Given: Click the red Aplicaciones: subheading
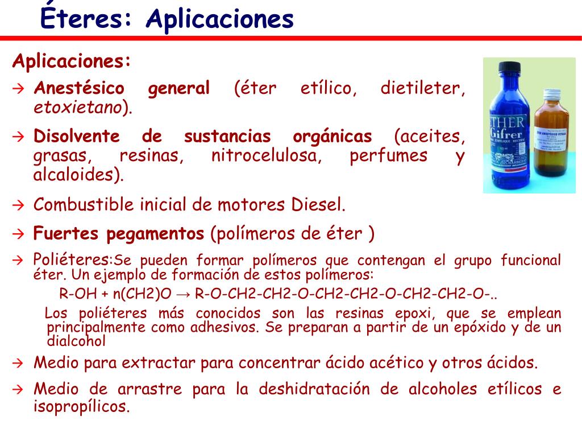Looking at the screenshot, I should [x=72, y=61].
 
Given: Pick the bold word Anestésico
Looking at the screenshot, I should [x=78, y=89].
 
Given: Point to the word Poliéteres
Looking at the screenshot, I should [x=70, y=260].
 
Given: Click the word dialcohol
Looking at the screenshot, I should [x=76, y=341].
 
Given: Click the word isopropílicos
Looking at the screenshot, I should [x=81, y=407].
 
